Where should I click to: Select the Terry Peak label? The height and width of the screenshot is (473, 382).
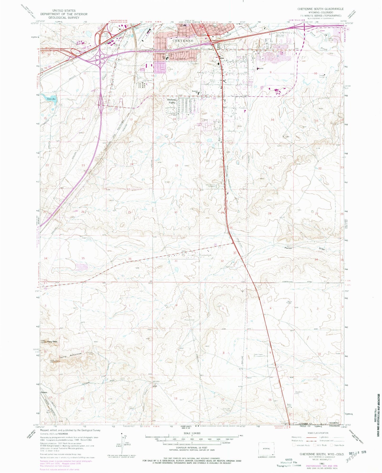click(x=52, y=342)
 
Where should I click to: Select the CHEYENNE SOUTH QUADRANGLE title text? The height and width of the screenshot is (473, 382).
click(x=320, y=9)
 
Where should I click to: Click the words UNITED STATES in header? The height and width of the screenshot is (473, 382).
click(x=64, y=11)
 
